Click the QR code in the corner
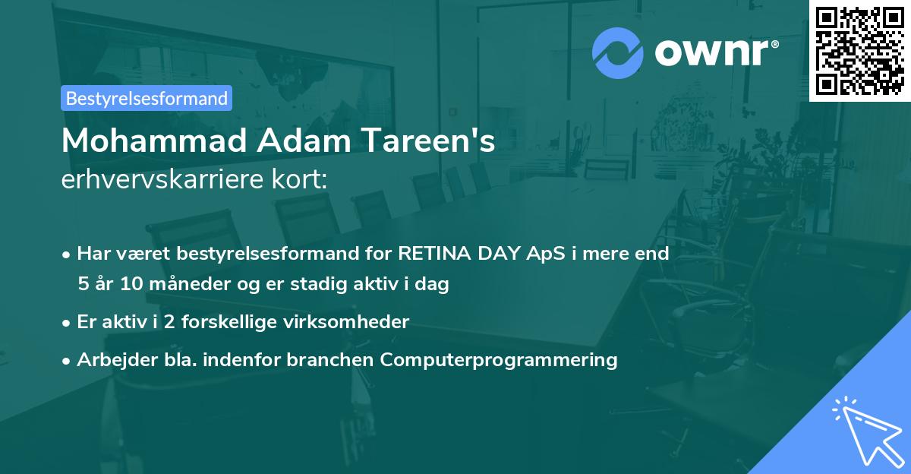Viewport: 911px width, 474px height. coord(860,50)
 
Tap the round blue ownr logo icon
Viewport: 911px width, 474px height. coord(618,52)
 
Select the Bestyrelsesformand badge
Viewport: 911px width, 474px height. coord(147,98)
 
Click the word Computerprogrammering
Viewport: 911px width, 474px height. coord(499,359)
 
